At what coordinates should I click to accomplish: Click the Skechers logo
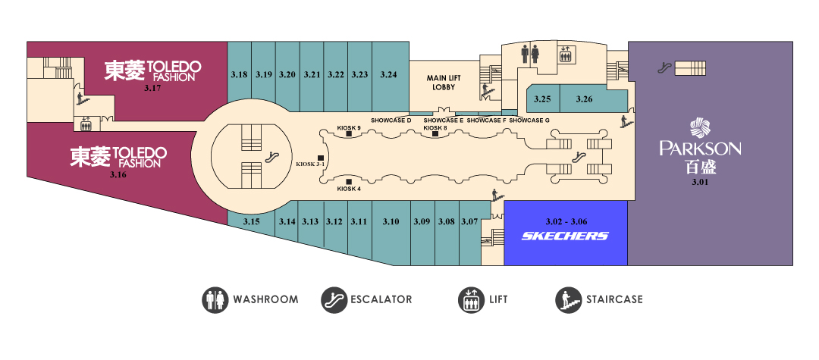pyautogui.click(x=565, y=236)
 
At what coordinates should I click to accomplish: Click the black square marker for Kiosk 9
pyautogui.click(x=349, y=134)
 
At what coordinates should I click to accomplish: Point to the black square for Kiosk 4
pyautogui.click(x=349, y=182)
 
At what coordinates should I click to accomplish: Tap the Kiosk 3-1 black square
pyautogui.click(x=321, y=158)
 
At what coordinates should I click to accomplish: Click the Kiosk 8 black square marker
pyautogui.click(x=435, y=133)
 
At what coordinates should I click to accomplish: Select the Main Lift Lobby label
pyautogui.click(x=444, y=83)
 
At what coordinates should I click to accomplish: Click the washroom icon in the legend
pyautogui.click(x=215, y=300)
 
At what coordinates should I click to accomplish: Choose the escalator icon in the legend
pyautogui.click(x=334, y=300)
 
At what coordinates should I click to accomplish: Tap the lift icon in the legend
pyautogui.click(x=471, y=300)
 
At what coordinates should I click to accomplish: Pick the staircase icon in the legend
pyautogui.click(x=568, y=300)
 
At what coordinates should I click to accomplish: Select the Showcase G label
pyautogui.click(x=529, y=121)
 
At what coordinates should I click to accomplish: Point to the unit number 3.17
pyautogui.click(x=152, y=88)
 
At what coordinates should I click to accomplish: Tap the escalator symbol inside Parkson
pyautogui.click(x=664, y=67)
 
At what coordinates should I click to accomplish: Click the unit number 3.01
pyautogui.click(x=700, y=182)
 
